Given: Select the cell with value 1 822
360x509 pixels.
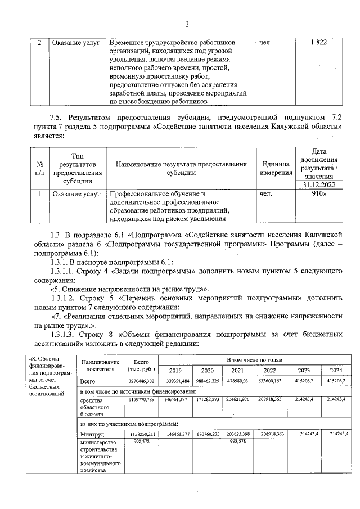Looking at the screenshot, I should click(x=318, y=43).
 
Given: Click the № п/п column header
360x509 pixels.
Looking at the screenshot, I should click(x=40, y=168).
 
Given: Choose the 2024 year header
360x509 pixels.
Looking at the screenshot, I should click(x=336, y=370).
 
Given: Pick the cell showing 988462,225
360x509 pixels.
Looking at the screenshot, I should click(x=206, y=381).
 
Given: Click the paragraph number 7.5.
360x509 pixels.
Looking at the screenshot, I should click(x=57, y=117).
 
